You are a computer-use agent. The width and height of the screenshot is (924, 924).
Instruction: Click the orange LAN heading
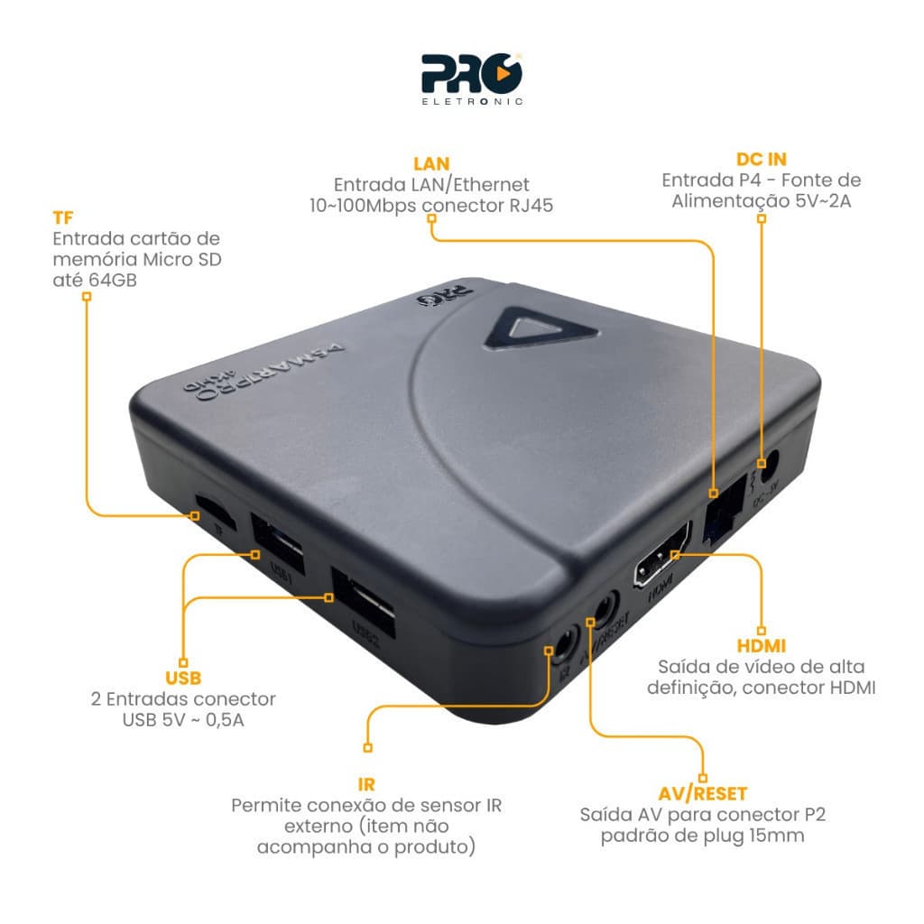[x=431, y=163]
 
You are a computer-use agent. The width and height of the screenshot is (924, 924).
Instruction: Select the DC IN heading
[x=761, y=158]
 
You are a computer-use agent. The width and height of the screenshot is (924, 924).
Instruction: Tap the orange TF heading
[x=63, y=218]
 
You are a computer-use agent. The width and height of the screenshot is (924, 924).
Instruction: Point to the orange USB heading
[x=183, y=679]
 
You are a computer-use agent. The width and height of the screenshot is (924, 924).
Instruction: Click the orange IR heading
[x=365, y=784]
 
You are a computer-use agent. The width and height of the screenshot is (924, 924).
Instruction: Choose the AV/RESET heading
[x=703, y=794]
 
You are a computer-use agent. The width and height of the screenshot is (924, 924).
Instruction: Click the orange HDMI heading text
[x=761, y=646]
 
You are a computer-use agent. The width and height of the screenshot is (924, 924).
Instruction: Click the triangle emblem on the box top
[x=539, y=328]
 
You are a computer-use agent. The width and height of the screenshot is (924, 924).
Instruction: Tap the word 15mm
[x=776, y=836]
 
